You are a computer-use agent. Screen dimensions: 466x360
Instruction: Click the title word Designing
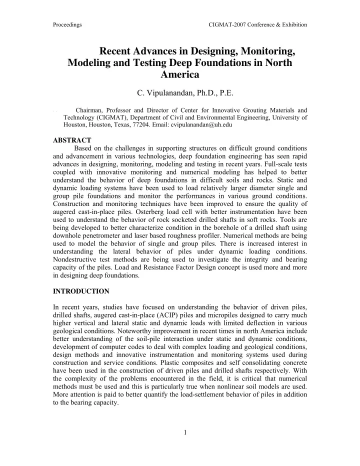pos(212,51)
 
